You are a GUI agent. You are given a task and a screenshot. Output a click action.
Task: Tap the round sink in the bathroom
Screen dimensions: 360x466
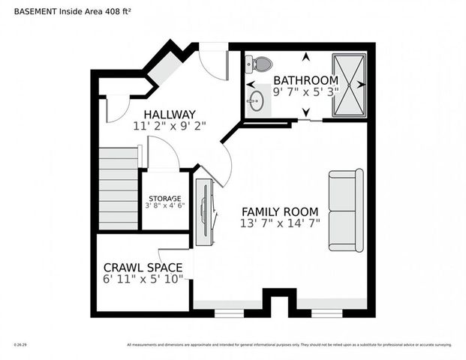[257, 100]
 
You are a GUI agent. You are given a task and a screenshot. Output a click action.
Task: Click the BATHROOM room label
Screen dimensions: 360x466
[305, 80]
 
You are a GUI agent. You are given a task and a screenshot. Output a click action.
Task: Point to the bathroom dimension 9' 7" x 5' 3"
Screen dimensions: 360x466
[305, 92]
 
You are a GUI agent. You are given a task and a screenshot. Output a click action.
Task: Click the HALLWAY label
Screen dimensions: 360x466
[170, 114]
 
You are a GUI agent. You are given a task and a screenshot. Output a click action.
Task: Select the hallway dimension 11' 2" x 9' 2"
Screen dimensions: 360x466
[170, 126]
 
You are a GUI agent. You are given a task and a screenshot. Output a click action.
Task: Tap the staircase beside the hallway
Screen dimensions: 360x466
[119, 188]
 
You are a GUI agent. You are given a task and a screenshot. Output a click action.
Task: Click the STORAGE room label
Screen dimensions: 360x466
[164, 199]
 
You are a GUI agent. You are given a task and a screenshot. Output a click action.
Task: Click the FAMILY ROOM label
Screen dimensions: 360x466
[279, 211]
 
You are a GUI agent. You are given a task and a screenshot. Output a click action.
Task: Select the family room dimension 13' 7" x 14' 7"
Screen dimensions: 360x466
[279, 223]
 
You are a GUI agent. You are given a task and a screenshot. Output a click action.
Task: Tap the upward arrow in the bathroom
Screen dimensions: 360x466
[305, 56]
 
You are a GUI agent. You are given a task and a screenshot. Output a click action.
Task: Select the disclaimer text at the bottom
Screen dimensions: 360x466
[289, 345]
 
